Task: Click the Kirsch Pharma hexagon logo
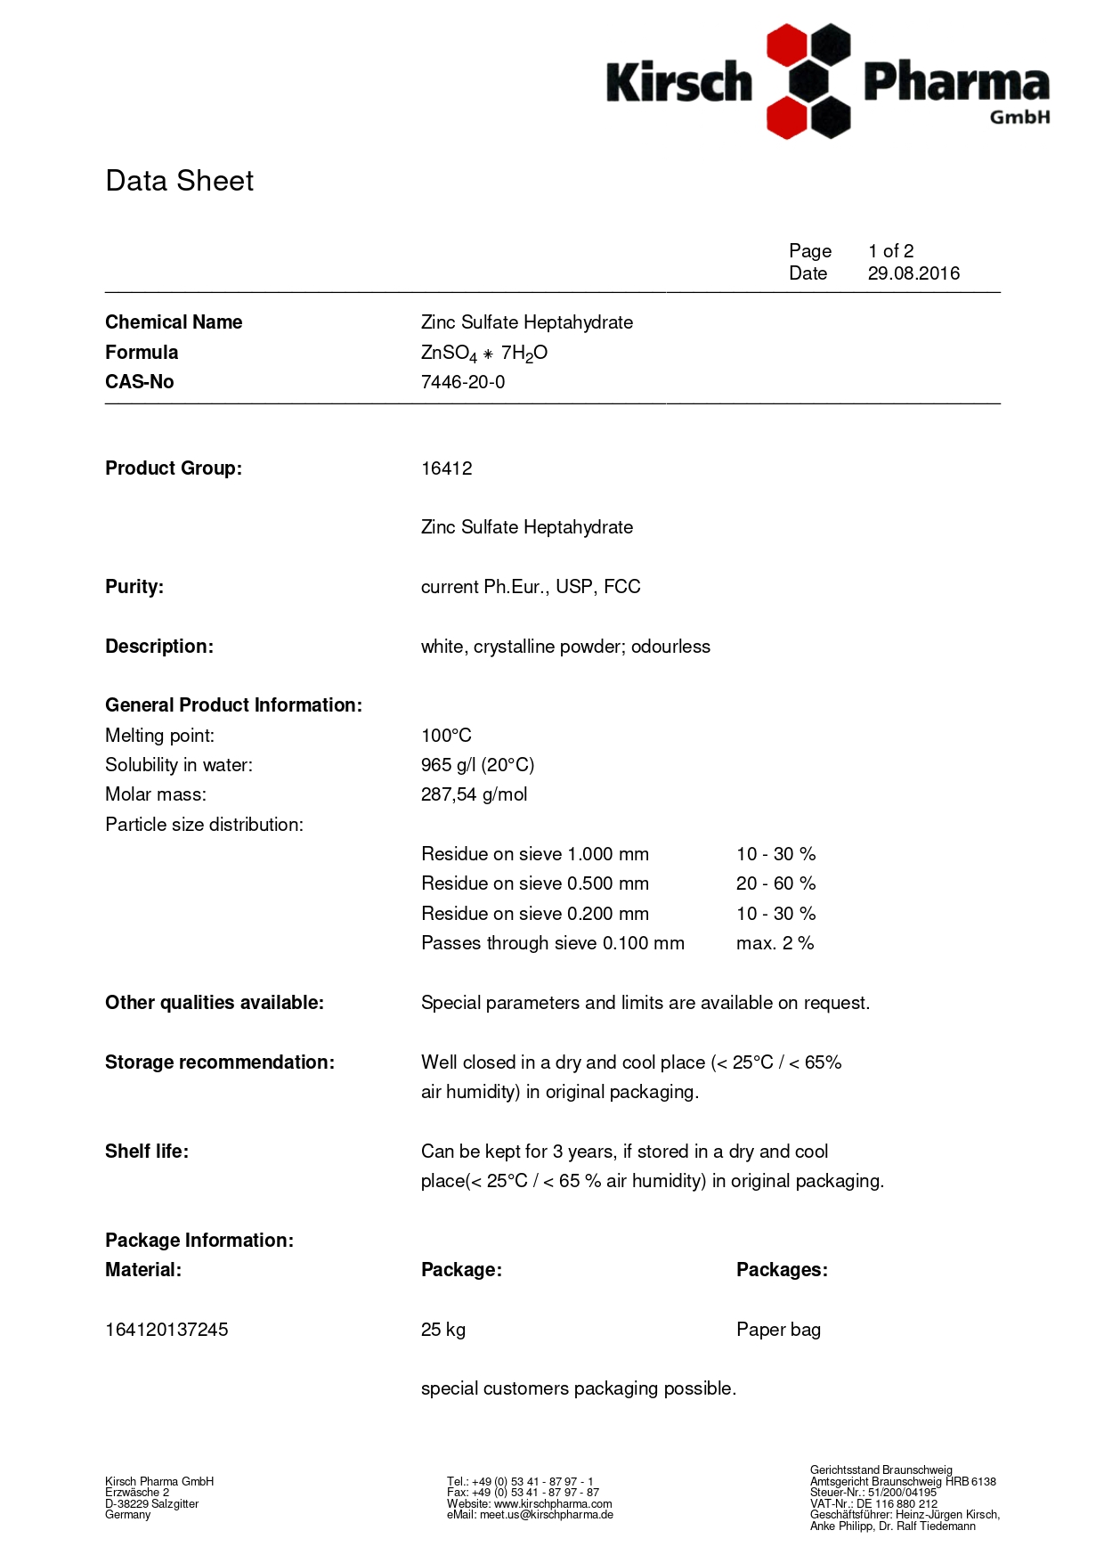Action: [808, 81]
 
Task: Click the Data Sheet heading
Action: [179, 181]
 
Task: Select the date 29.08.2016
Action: [913, 273]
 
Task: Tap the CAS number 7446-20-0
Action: [462, 382]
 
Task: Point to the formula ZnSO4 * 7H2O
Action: [483, 354]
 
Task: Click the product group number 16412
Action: [446, 468]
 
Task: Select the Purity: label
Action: [134, 587]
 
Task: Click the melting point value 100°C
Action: [446, 736]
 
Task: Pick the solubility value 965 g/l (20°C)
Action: [477, 765]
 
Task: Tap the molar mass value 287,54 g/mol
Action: [474, 794]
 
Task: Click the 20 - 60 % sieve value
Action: [775, 883]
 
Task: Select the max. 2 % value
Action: [775, 943]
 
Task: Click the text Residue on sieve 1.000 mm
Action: [534, 854]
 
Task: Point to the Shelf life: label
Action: [147, 1152]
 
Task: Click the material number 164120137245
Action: [166, 1330]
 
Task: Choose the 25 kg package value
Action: [442, 1330]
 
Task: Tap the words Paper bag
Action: [778, 1330]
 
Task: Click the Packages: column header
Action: [782, 1270]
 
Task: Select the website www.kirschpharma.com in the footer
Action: [552, 1504]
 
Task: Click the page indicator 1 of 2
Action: [890, 251]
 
